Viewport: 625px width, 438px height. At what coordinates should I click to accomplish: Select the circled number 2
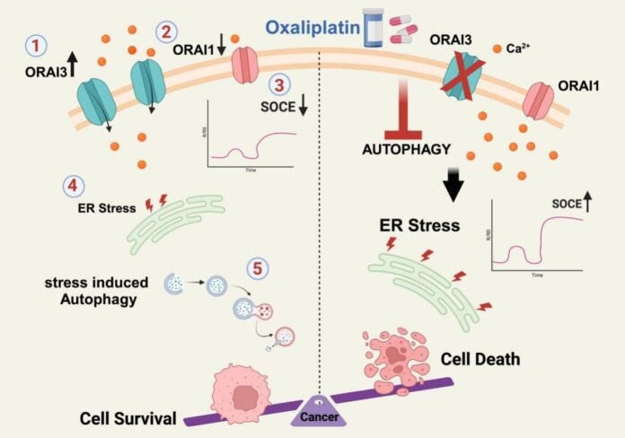click(166, 31)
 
